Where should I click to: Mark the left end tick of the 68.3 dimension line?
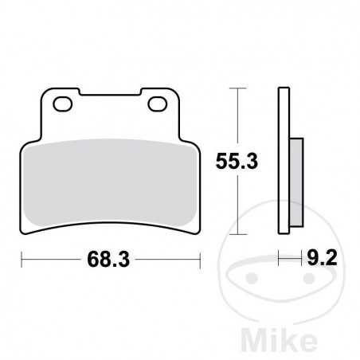pyautogui.click(x=22, y=259)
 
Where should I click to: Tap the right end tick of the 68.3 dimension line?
pyautogui.click(x=199, y=259)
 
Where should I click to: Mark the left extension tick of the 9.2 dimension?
pyautogui.click(x=279, y=258)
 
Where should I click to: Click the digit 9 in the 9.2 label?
pyautogui.click(x=311, y=258)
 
